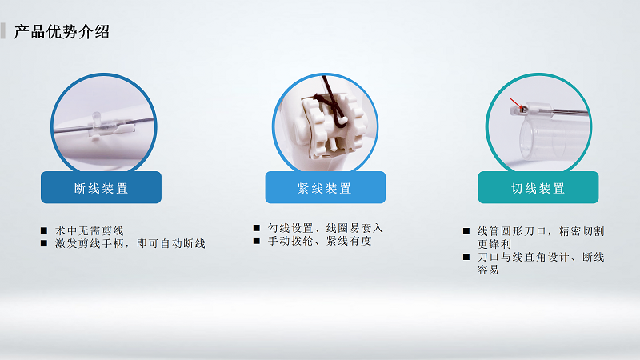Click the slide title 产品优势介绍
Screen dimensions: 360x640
coord(62,32)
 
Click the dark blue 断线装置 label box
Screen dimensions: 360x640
coord(101,188)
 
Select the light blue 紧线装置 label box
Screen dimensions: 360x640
coord(325,188)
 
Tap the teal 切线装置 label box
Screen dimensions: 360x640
coord(538,188)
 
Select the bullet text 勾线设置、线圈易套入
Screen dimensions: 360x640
coord(326,228)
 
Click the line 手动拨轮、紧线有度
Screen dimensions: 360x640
coord(320,241)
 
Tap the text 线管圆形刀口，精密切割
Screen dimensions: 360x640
coord(541,231)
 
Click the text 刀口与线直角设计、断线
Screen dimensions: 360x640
coord(541,257)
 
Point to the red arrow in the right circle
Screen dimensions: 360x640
coord(518,104)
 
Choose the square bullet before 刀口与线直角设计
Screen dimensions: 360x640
coord(466,258)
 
